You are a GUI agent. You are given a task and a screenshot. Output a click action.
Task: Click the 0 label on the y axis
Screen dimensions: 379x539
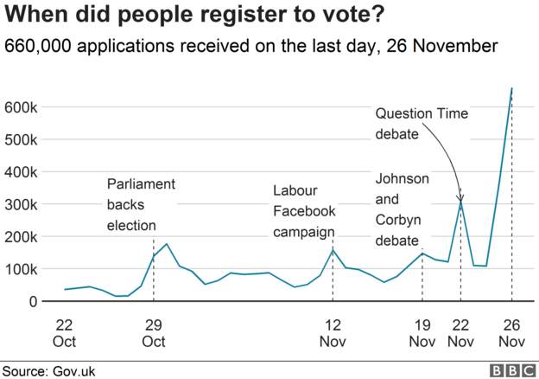click(32, 301)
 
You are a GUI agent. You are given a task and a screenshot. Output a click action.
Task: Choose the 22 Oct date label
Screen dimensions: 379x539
click(64, 333)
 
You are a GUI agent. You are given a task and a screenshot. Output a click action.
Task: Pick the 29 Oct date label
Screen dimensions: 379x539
click(153, 333)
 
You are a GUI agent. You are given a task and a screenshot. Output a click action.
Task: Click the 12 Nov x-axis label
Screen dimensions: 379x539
click(333, 333)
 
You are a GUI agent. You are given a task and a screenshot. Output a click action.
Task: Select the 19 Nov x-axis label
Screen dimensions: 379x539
click(422, 333)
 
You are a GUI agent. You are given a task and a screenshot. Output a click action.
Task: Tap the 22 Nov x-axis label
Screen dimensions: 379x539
click(461, 333)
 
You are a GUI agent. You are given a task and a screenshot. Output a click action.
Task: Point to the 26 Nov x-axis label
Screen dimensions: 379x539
click(512, 333)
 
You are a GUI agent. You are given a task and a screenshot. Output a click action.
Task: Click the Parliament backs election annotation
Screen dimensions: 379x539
click(141, 205)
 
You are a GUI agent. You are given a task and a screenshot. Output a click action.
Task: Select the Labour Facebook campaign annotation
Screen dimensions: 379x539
click(304, 210)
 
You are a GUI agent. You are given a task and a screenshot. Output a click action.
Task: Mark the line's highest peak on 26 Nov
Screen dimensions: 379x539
click(512, 88)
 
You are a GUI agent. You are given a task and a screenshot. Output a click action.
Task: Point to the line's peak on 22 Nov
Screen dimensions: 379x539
click(461, 201)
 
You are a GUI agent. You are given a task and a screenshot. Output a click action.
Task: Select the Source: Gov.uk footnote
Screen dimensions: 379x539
click(48, 370)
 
